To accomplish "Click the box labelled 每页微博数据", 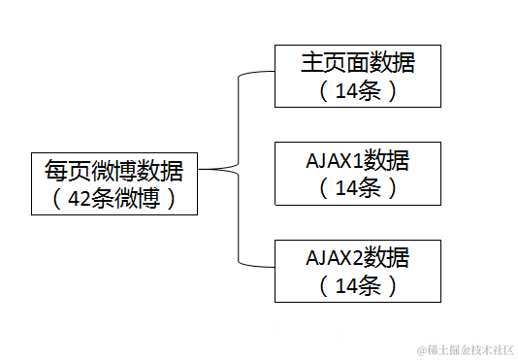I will pyautogui.click(x=114, y=183).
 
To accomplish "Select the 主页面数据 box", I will pyautogui.click(x=357, y=76).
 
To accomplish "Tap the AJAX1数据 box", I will pyautogui.click(x=357, y=173).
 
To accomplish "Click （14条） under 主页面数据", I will pyautogui.click(x=357, y=92).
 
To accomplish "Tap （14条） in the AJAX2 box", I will pyautogui.click(x=357, y=286).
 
